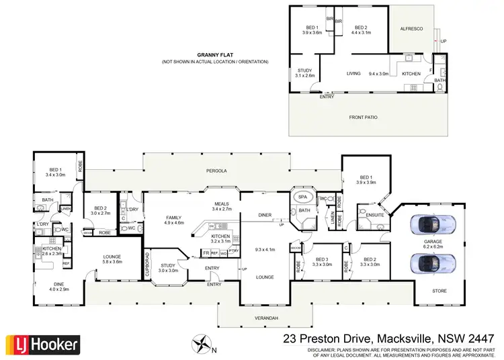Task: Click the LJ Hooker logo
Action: coord(43,345)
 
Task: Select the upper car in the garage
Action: coord(430,224)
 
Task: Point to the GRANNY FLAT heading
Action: coord(214,55)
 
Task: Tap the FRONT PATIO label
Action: coord(363,117)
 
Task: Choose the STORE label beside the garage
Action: coord(438,291)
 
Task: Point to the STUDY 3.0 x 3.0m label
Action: coord(168,267)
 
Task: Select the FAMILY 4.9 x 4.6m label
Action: coord(175,220)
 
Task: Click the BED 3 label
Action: coord(323,262)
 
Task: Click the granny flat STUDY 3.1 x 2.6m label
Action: coord(305,73)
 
